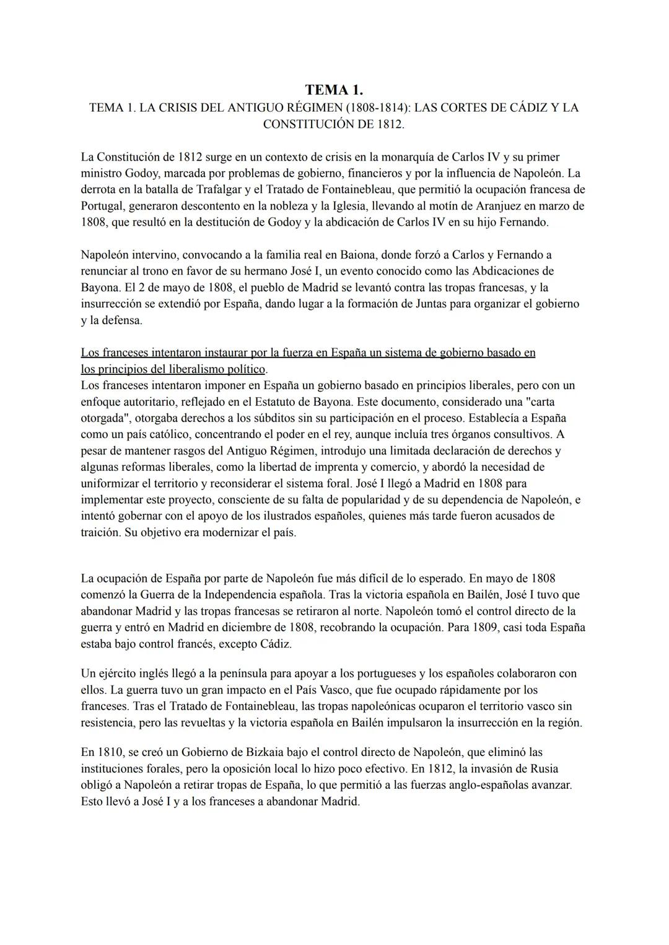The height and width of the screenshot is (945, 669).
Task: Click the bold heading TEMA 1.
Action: pos(334,90)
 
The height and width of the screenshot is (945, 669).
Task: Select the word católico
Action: pos(164,434)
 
